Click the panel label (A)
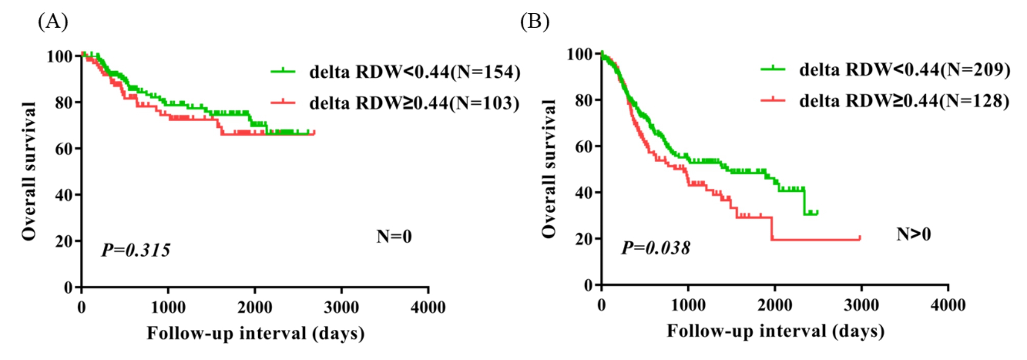click(x=53, y=21)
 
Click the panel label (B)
click(x=534, y=21)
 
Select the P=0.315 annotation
click(x=136, y=250)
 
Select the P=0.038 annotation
click(x=656, y=247)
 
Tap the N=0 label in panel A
click(x=394, y=236)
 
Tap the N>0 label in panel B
click(x=913, y=234)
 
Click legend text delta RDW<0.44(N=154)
click(x=414, y=72)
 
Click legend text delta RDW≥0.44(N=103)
click(x=414, y=103)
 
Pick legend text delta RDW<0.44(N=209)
click(x=904, y=70)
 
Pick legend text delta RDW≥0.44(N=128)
click(x=904, y=101)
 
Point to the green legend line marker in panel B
click(x=773, y=69)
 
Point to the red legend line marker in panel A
click(x=283, y=102)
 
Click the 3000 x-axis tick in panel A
click(x=341, y=307)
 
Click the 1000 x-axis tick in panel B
click(x=688, y=305)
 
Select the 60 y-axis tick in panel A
click(x=64, y=149)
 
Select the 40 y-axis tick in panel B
click(x=585, y=193)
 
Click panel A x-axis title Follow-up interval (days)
click(x=256, y=333)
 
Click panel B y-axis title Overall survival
click(x=548, y=169)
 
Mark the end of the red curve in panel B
click(x=860, y=238)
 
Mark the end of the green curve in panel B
click(x=817, y=212)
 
